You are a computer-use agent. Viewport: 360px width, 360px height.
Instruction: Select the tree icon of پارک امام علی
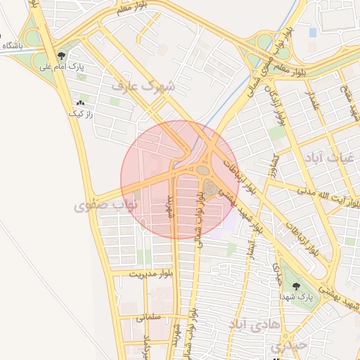62,56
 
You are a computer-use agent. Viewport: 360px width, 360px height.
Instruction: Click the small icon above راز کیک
79,103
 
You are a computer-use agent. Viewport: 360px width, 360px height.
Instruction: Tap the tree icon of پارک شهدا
295,286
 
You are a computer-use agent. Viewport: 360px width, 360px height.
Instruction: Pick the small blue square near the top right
313,32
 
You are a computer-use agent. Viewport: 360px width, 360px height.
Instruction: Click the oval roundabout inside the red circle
203,169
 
